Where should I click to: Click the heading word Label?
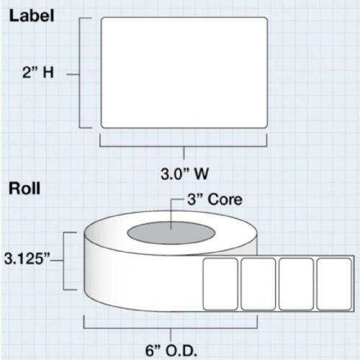click(x=32, y=16)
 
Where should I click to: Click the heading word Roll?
click(x=24, y=189)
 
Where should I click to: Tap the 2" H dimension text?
click(x=38, y=72)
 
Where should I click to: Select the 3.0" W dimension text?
click(x=184, y=174)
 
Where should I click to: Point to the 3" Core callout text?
click(x=215, y=199)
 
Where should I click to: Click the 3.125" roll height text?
click(x=27, y=259)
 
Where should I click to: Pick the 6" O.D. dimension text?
click(x=171, y=351)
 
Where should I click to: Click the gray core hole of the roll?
click(x=171, y=233)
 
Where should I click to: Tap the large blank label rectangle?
click(x=184, y=73)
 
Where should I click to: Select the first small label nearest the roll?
click(x=220, y=284)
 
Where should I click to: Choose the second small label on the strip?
click(x=258, y=284)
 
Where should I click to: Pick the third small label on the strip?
click(x=296, y=284)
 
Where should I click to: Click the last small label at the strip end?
click(x=334, y=284)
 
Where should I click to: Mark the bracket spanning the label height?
click(x=79, y=73)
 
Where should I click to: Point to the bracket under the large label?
click(x=184, y=145)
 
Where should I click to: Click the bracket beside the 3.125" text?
click(x=63, y=261)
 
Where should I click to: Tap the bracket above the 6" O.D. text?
click(x=171, y=328)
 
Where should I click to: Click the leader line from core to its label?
click(x=171, y=214)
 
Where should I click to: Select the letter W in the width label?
click(x=201, y=174)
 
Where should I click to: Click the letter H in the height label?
click(x=48, y=72)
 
